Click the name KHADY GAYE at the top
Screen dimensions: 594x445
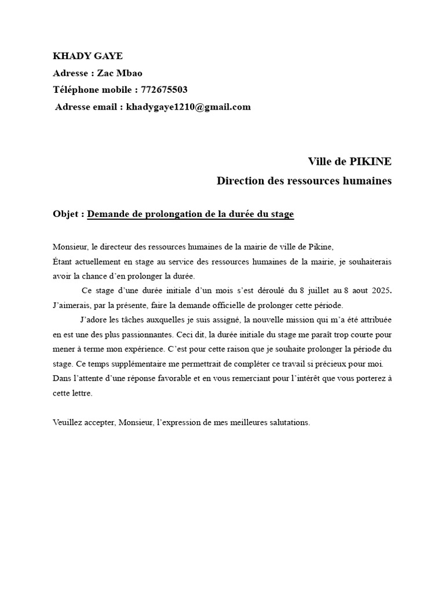click(87, 56)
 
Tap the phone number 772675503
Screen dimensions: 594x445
click(164, 90)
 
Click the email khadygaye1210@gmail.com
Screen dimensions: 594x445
click(188, 107)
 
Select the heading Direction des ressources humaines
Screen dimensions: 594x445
click(304, 181)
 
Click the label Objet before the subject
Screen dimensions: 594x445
click(67, 215)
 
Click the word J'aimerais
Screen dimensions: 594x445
click(72, 305)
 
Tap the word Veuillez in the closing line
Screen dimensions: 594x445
click(67, 423)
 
